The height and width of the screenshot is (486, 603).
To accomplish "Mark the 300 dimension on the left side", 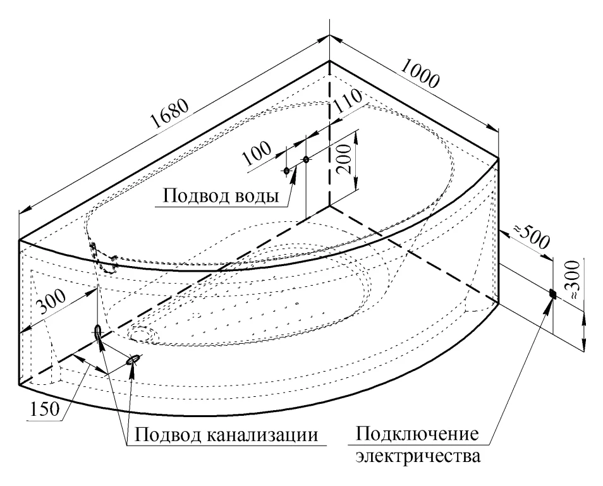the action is click(51, 303).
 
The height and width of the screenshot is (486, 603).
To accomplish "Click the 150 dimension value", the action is click(46, 409).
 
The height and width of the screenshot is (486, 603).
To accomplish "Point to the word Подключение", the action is click(417, 435).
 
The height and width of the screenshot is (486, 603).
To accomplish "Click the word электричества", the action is click(418, 457).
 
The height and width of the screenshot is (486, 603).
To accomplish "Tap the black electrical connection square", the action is click(553, 293).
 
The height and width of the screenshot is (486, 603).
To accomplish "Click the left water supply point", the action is click(286, 171).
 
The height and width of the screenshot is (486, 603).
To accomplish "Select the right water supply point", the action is click(306, 159).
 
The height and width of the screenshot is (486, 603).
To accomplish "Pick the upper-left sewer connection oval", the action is click(98, 331).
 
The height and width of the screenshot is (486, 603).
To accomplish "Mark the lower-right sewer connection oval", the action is click(133, 360).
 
